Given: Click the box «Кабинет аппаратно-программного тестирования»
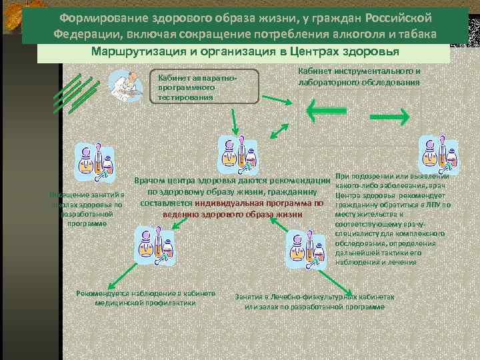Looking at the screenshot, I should tap(204, 87).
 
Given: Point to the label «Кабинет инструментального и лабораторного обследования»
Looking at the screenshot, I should tap(359, 77).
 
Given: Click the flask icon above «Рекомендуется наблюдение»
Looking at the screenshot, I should tap(154, 244).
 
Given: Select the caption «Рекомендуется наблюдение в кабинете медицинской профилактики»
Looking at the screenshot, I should tap(146, 298).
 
